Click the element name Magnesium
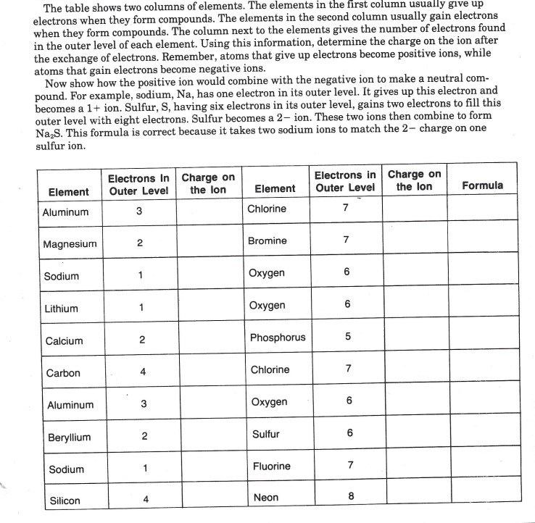click(70, 244)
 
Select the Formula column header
click(482, 186)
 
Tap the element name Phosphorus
click(278, 338)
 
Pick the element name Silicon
click(65, 501)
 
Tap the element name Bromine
click(267, 240)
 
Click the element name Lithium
click(61, 309)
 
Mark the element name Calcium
click(64, 341)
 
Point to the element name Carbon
click(63, 374)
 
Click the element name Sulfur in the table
click(265, 435)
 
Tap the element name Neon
click(265, 498)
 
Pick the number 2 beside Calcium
click(142, 340)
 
